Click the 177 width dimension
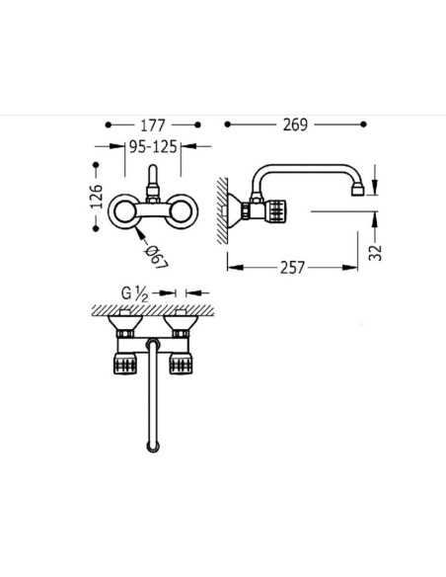[153, 125]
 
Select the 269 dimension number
[295, 124]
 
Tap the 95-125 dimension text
[153, 146]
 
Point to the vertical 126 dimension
[97, 197]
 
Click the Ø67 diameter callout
[157, 257]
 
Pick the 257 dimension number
[292, 268]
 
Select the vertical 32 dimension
[376, 253]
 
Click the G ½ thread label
[134, 293]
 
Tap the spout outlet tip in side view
[357, 192]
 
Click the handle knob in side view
[275, 210]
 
